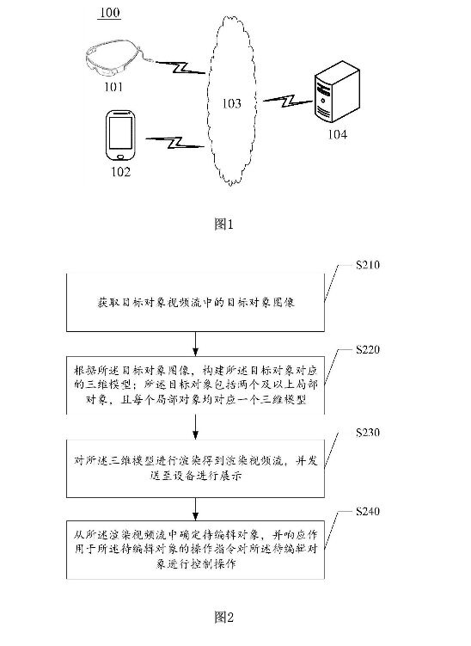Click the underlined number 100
pos(109,12)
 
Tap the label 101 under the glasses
pos(113,87)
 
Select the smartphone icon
pos(120,135)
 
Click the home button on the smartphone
pos(119,157)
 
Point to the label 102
pos(120,172)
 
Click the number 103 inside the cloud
pos(231,103)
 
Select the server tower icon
pos(337,91)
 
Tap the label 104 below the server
pos(337,134)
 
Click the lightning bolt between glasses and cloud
pos(180,67)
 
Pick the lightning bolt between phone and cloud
pos(175,143)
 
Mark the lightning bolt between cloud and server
pos(288,101)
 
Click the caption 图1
pos(224,225)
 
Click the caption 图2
pos(224,617)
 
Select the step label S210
pos(368,264)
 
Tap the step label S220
pos(368,349)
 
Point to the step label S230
pos(368,432)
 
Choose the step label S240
pos(368,511)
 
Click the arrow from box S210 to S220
pos(196,343)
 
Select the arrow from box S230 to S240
pos(196,509)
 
